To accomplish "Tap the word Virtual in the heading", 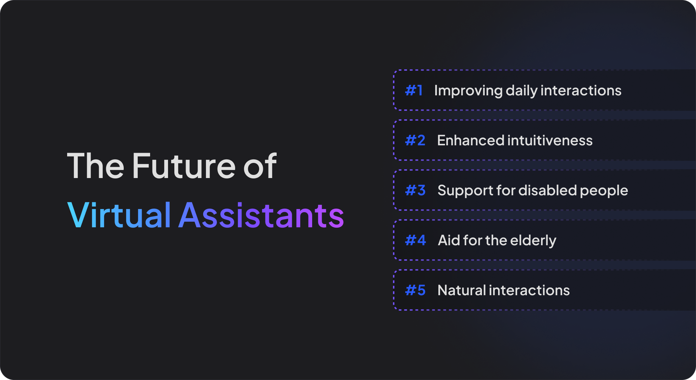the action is tap(119, 215).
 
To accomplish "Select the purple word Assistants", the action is tap(261, 215).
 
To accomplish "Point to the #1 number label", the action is tap(414, 90).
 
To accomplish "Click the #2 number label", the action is tap(415, 140).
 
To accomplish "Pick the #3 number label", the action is tap(415, 190).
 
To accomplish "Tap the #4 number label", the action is tap(415, 240).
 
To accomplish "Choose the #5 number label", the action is tap(415, 290).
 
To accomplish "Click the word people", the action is tap(604, 191).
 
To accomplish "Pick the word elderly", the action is tap(533, 241).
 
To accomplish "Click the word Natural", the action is tap(462, 290).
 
